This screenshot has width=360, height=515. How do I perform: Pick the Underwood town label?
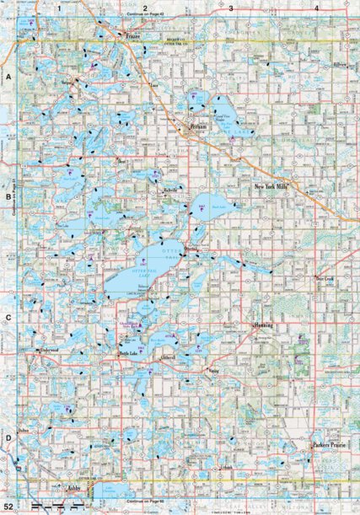tap(50, 347)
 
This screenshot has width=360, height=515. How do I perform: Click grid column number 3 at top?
tap(230, 8)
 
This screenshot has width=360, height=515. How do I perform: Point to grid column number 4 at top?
tap(315, 8)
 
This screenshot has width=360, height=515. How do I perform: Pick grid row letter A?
tap(8, 76)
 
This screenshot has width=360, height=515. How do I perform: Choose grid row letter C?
tap(8, 318)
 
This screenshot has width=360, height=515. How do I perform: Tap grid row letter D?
tap(8, 437)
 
